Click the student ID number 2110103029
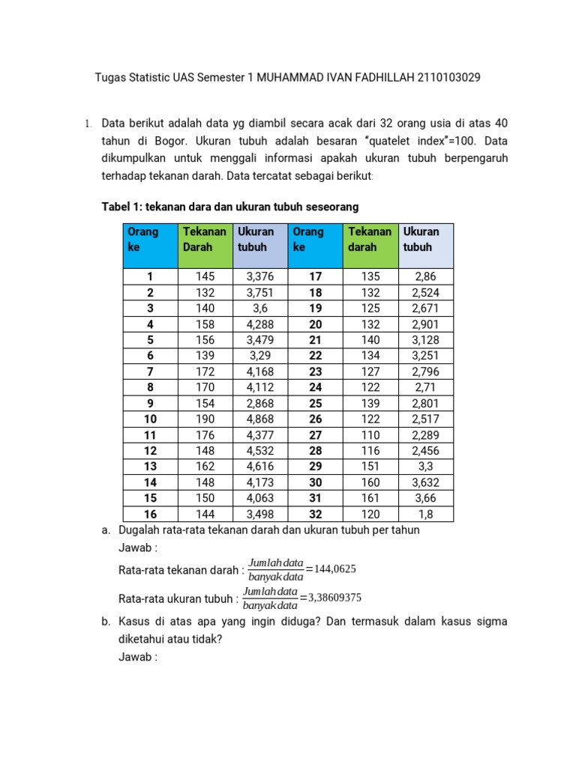click(x=442, y=77)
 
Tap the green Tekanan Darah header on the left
click(x=205, y=239)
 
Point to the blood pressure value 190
click(x=205, y=419)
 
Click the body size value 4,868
click(x=261, y=419)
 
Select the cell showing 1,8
click(x=425, y=514)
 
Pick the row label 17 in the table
click(x=316, y=277)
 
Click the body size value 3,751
click(x=261, y=293)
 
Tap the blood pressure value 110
click(x=370, y=434)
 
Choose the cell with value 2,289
click(x=425, y=434)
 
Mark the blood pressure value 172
click(x=205, y=372)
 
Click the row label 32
click(x=316, y=514)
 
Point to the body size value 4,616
click(x=261, y=466)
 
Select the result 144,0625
click(x=334, y=569)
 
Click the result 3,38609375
click(x=331, y=598)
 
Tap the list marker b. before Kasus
click(x=106, y=622)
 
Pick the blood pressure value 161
click(x=370, y=497)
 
